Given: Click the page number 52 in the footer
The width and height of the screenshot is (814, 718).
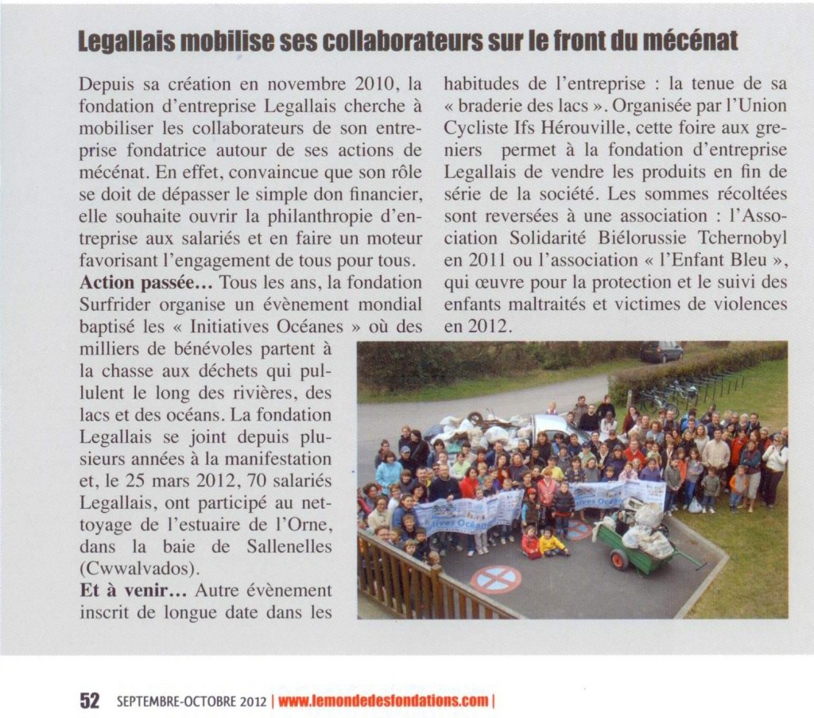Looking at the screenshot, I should pyautogui.click(x=88, y=701).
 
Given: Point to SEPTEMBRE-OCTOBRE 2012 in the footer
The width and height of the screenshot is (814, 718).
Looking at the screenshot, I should pyautogui.click(x=190, y=701).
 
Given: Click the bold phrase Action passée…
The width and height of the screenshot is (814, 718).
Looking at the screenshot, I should pyautogui.click(x=146, y=282).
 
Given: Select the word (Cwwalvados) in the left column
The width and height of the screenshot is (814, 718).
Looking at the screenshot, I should pyautogui.click(x=130, y=569).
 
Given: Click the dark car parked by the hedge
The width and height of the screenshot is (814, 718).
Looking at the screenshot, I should pyautogui.click(x=661, y=351).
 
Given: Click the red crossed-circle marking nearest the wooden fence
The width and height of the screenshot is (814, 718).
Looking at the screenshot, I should pyautogui.click(x=495, y=580).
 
